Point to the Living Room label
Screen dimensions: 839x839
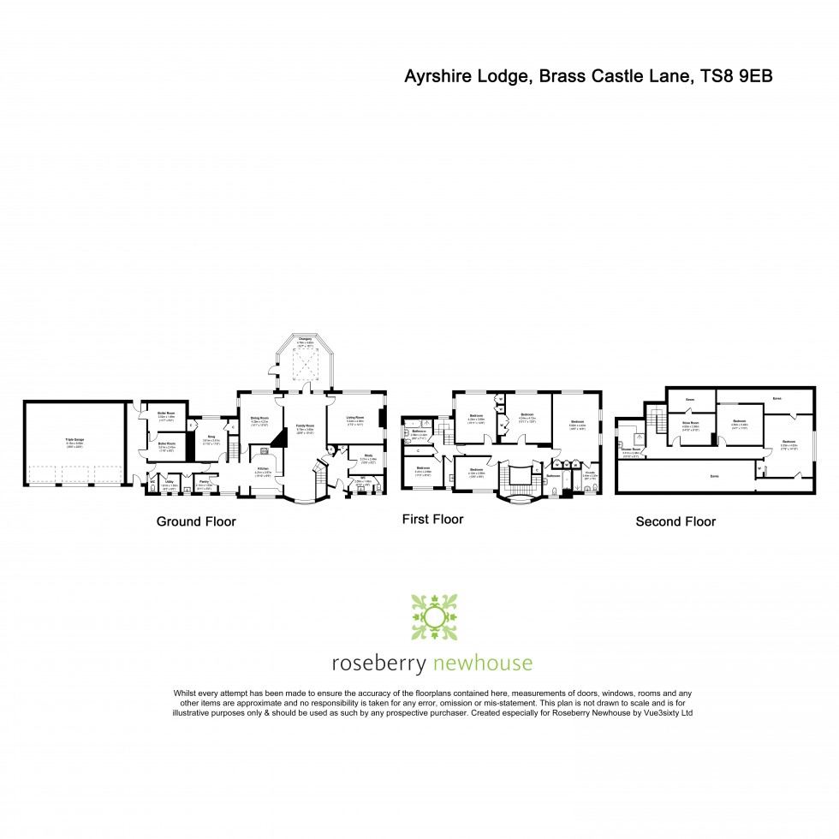coord(355,419)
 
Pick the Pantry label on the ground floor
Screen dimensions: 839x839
coord(204,482)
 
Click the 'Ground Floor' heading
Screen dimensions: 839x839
coord(195,521)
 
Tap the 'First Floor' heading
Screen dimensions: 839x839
coord(433,519)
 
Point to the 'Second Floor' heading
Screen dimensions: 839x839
coord(675,521)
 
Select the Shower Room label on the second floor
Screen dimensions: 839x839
coord(632,453)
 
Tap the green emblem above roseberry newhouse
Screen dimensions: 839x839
coord(435,616)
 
